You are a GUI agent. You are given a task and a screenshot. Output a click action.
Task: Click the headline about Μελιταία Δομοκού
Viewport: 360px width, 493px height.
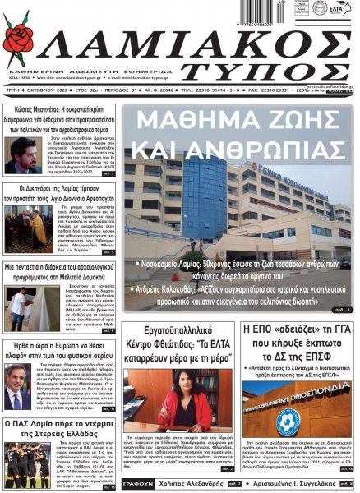point(60,273)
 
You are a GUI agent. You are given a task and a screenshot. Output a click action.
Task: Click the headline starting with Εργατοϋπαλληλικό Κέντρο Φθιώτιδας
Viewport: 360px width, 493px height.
point(181,342)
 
